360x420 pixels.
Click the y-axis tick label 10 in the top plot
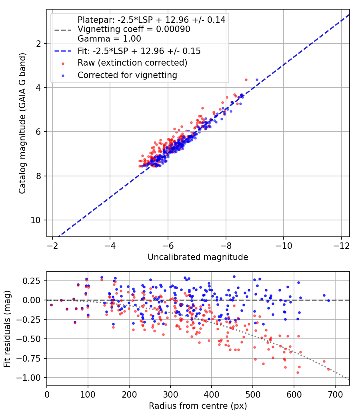tap(35, 220)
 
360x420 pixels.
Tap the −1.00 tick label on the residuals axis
tap(28, 378)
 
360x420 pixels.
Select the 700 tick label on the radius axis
tap(335, 394)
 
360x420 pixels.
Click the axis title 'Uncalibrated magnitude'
tap(198, 257)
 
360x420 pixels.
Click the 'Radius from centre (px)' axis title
tap(198, 406)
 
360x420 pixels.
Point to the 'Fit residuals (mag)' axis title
tap(7, 329)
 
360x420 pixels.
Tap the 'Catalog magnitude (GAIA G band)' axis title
tap(22, 123)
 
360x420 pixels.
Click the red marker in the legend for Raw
tap(63, 64)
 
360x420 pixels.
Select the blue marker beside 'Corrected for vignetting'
tap(63, 76)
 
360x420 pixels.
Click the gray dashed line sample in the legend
tap(63, 30)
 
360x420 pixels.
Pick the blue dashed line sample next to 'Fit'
tap(63, 51)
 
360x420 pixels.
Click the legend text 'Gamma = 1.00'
tap(109, 39)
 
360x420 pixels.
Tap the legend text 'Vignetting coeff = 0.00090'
tap(134, 29)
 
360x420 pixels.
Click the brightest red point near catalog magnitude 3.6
tap(246, 80)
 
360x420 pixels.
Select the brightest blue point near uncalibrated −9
tap(257, 80)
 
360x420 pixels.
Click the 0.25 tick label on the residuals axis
tap(31, 281)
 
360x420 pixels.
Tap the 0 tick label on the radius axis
tap(47, 394)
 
